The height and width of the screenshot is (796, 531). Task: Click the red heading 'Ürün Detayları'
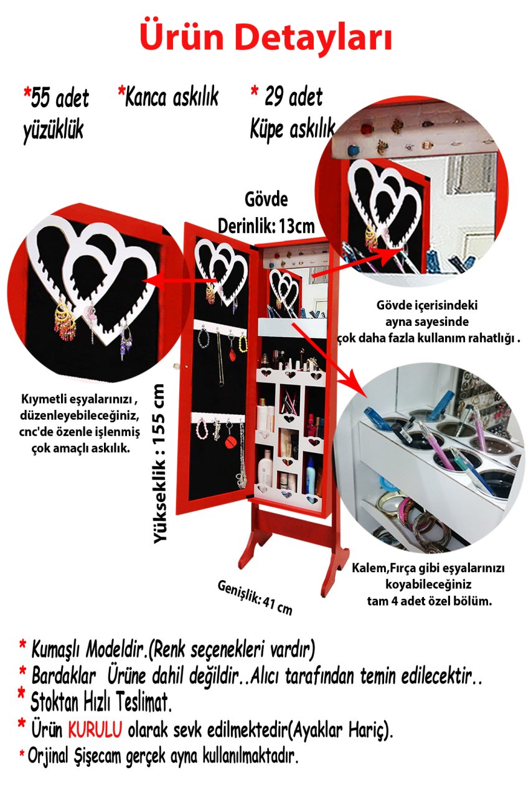pyautogui.click(x=266, y=38)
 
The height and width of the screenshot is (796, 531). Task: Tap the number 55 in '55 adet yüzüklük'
pyautogui.click(x=40, y=98)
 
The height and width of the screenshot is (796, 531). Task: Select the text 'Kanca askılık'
pyautogui.click(x=171, y=96)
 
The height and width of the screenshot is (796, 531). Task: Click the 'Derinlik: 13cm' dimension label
pyautogui.click(x=266, y=226)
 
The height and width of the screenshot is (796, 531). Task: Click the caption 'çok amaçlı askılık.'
pyautogui.click(x=80, y=448)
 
